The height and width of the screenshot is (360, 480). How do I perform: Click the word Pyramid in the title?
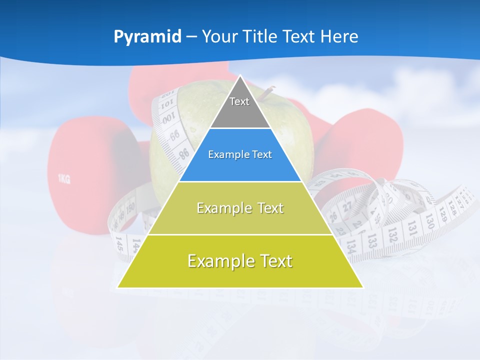(x=147, y=37)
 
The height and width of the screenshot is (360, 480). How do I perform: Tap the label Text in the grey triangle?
(x=239, y=101)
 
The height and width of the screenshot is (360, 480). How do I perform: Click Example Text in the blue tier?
(x=240, y=154)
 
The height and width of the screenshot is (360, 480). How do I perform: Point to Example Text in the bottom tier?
(x=240, y=261)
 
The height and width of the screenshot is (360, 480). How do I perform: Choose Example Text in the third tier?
(x=240, y=208)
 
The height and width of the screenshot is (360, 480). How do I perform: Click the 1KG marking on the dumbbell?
(x=64, y=178)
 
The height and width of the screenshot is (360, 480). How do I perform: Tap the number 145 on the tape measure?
(x=119, y=244)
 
